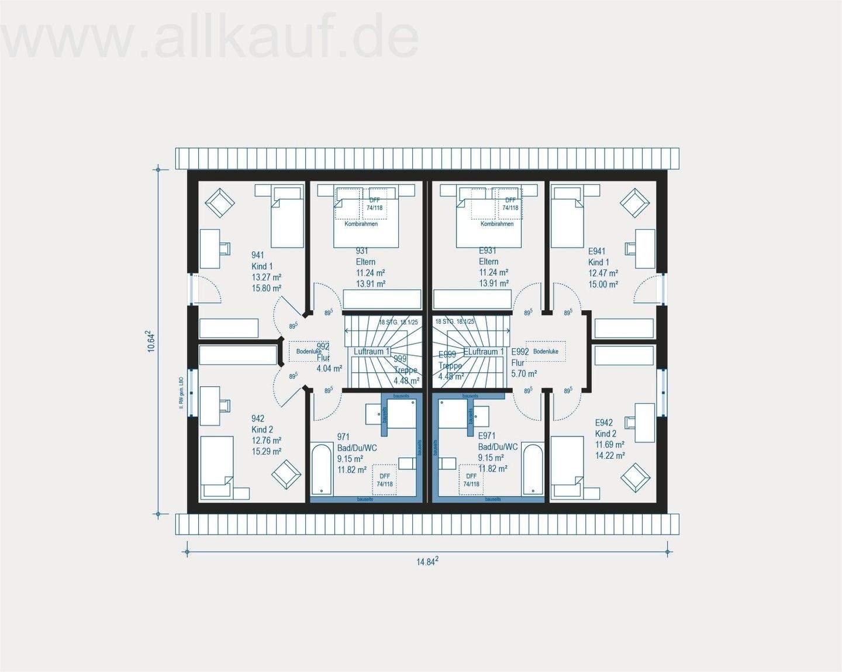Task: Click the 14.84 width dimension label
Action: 427,562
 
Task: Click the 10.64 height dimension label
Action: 151,341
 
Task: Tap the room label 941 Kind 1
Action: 266,271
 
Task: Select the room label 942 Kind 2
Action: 266,435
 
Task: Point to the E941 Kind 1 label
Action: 603,268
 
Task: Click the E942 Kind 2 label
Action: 609,439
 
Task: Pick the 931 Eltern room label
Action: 370,267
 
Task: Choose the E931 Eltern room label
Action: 493,267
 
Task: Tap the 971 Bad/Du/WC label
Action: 357,453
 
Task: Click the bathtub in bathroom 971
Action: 321,470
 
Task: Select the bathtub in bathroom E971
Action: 532,470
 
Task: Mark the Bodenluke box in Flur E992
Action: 546,351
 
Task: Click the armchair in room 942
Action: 287,474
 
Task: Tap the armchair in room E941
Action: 635,203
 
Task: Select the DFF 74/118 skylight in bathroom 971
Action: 384,480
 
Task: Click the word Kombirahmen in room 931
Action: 361,224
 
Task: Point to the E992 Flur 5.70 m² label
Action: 523,362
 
